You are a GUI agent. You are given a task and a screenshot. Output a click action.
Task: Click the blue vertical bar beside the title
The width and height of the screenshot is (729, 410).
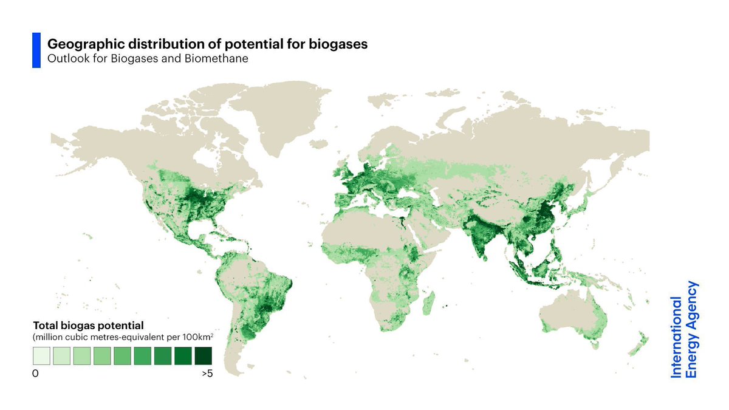[36, 50]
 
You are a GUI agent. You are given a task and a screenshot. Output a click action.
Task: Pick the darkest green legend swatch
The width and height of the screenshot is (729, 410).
[204, 355]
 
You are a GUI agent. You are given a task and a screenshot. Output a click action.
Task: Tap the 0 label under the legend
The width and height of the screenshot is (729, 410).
[35, 374]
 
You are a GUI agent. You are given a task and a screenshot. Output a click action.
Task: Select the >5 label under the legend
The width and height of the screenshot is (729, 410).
[207, 374]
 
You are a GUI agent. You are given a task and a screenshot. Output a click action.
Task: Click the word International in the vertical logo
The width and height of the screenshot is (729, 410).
[677, 337]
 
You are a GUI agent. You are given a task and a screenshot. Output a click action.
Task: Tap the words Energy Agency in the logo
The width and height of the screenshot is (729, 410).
[691, 329]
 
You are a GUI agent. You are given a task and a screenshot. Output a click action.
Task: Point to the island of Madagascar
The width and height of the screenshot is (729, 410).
[430, 300]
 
